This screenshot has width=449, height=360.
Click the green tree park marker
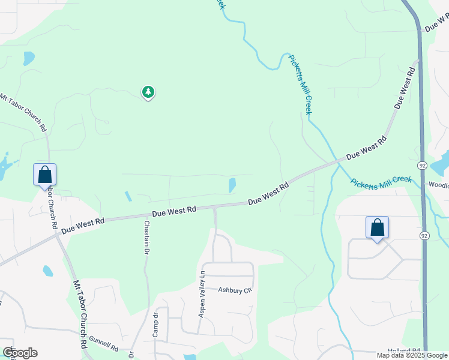point(148,92)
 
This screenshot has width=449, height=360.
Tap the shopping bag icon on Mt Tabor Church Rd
point(44,175)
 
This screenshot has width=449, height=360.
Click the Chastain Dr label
point(146,238)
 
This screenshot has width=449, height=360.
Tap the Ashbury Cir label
point(233,290)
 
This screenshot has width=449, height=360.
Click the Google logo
point(20,353)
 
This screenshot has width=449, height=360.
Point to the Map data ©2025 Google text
point(412,355)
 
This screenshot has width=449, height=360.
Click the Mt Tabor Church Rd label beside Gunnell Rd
point(80,316)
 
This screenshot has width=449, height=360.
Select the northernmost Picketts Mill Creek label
point(301,83)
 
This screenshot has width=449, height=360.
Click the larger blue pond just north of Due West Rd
point(232,185)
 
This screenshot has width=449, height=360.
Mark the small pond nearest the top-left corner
point(28,58)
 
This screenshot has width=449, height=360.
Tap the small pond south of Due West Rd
point(48,271)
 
